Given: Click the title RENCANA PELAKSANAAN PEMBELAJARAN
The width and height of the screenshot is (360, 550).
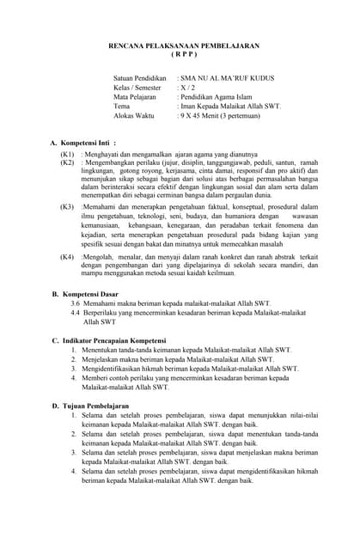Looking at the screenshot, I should point(184,46).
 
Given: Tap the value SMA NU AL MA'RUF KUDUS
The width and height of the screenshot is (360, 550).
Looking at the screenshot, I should point(226,78).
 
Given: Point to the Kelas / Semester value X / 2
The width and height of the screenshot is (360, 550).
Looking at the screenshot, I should point(186,88).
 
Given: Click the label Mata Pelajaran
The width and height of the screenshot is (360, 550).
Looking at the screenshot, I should point(137,97).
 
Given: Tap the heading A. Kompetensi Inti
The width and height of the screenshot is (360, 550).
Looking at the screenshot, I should point(83,142).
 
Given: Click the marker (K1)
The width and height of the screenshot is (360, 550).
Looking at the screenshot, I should point(67,153).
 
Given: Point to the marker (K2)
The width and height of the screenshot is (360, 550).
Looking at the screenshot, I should point(67,162).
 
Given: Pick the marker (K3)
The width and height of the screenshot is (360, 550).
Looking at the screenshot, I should point(67,207).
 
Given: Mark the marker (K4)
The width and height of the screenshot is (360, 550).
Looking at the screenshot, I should point(67,257).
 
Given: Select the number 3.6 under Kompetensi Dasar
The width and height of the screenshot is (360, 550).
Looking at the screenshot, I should point(76,304).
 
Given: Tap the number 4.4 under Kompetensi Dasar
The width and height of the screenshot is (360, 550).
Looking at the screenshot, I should point(76,314).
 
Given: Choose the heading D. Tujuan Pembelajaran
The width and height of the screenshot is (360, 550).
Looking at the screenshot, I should point(90,405).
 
